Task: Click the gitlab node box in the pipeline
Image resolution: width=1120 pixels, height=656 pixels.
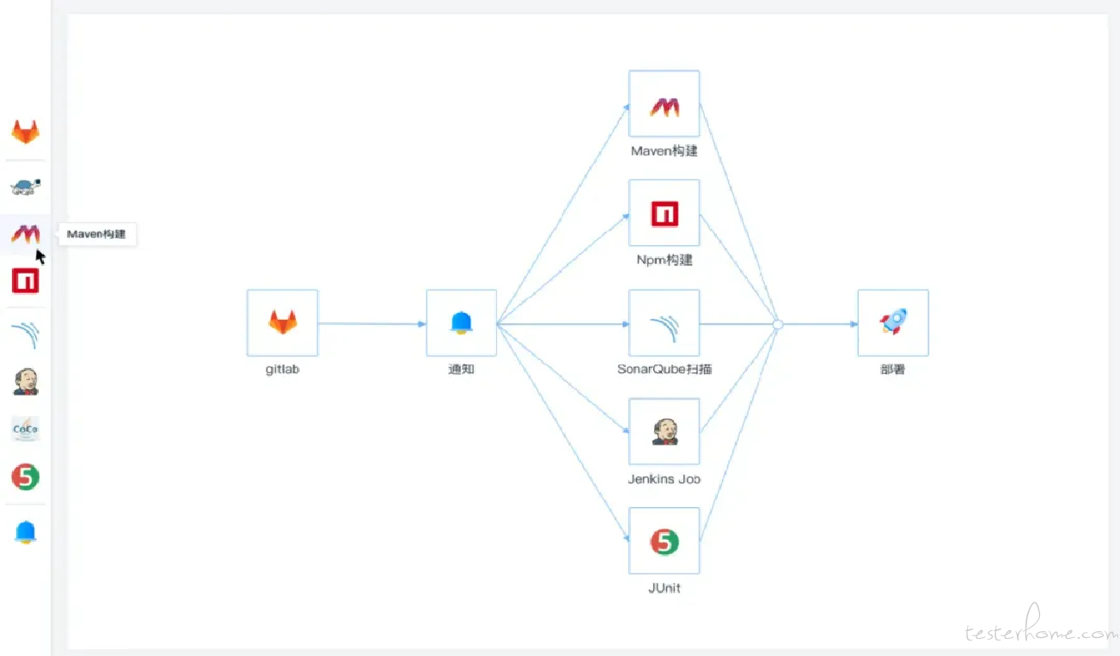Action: (282, 322)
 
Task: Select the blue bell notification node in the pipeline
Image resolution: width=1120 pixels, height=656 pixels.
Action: (462, 322)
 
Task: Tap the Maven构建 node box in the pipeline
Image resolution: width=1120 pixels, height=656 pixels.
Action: (664, 104)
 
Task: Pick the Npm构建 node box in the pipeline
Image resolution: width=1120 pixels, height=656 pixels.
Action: (664, 212)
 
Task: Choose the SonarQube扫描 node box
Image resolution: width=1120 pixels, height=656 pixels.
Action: (664, 322)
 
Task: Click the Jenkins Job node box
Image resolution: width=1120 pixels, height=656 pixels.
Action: (664, 432)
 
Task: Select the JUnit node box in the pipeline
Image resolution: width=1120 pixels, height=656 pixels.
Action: (664, 541)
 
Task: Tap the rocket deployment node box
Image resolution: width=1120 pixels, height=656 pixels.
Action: (893, 322)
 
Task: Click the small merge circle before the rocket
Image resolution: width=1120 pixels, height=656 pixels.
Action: (778, 325)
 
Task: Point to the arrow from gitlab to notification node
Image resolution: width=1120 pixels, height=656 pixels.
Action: (371, 324)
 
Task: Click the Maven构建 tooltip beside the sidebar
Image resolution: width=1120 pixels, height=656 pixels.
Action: (97, 234)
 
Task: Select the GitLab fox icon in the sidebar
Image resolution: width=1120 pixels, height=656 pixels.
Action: (26, 132)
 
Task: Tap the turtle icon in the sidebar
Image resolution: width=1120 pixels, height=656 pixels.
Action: (26, 187)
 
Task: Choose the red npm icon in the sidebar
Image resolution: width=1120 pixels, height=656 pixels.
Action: (26, 280)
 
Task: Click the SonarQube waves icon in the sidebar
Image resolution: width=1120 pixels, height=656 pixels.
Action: (26, 334)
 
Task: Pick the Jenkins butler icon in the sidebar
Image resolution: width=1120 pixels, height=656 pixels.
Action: (26, 382)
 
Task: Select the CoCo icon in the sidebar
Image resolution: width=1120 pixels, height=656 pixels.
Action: (26, 429)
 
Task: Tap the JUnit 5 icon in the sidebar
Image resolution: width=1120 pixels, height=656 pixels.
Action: (26, 476)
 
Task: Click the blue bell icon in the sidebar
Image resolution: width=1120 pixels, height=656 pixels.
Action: (26, 532)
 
